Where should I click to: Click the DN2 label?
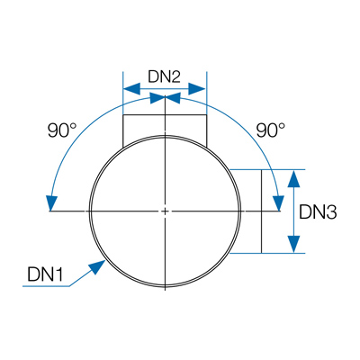coord(164,77)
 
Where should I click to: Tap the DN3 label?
coord(318,212)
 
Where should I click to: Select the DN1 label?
coord(45,274)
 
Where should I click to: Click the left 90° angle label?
coord(62,130)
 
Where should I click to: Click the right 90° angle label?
coord(271,130)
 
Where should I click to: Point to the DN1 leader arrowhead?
coord(97,266)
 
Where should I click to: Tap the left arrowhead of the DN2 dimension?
coord(132,88)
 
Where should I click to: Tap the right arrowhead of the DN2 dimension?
coord(197,88)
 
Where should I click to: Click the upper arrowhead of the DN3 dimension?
coord(294,178)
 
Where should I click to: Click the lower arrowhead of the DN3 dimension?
coord(294,244)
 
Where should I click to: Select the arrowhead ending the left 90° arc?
coord(51,203)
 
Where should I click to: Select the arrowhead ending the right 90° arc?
coord(278,203)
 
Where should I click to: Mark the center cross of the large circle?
coord(165,211)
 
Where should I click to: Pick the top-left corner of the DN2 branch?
coord(123,115)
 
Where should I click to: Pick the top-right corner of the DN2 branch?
coord(207,115)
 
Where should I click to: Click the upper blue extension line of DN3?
coord(267,169)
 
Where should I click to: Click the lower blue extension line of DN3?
coord(267,253)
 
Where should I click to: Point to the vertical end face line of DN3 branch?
coord(262,211)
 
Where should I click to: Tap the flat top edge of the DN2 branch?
coord(165,115)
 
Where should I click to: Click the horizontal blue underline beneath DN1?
coord(46,286)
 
